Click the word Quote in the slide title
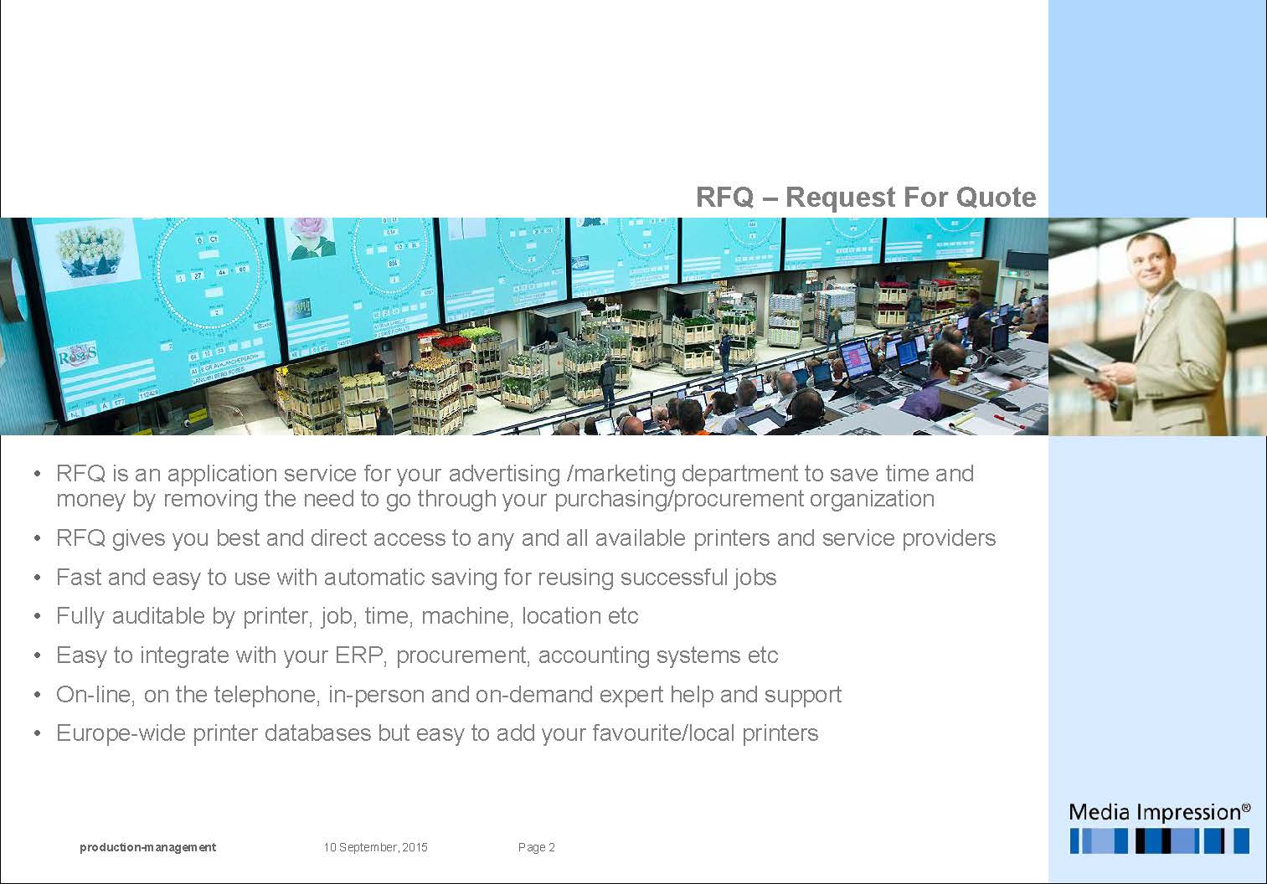pyautogui.click(x=996, y=198)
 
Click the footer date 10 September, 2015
pyautogui.click(x=375, y=847)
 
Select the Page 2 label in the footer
pyautogui.click(x=536, y=847)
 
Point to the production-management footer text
pyautogui.click(x=147, y=847)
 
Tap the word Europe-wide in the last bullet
pyautogui.click(x=121, y=733)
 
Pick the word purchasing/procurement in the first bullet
pyautogui.click(x=679, y=499)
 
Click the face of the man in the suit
pyautogui.click(x=1147, y=261)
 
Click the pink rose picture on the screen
pyautogui.click(x=311, y=238)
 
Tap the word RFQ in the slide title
pyautogui.click(x=724, y=198)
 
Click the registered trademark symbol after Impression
pyautogui.click(x=1246, y=806)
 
